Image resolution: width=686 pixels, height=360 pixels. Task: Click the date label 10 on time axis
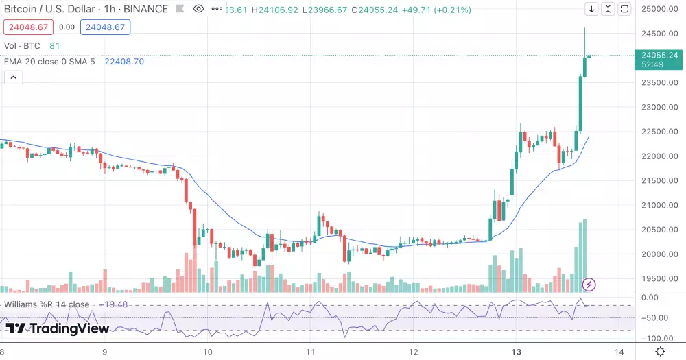click(x=207, y=351)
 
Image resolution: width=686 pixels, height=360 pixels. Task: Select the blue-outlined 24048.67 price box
click(x=105, y=27)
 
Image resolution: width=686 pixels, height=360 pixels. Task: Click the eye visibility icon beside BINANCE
click(x=198, y=9)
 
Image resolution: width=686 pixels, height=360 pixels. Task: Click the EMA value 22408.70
click(x=123, y=61)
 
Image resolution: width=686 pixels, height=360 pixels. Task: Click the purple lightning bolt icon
click(x=589, y=284)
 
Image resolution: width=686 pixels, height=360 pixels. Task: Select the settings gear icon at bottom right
click(x=660, y=351)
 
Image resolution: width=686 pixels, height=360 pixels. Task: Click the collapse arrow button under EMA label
click(x=14, y=77)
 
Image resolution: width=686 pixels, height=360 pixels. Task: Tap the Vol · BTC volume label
click(x=23, y=46)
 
